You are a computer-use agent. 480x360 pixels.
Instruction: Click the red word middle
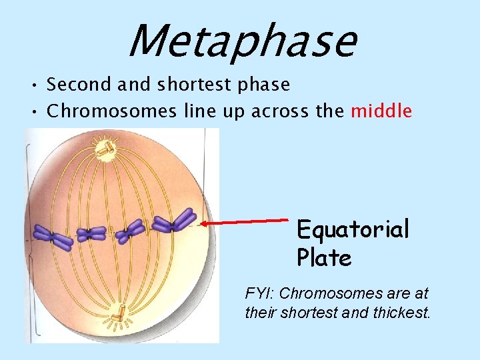(381, 111)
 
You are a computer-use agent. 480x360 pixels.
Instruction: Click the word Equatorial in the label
(352, 230)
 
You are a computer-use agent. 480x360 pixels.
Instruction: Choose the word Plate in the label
(324, 258)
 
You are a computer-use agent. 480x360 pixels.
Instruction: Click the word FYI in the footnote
(257, 293)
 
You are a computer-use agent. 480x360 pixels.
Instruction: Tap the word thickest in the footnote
(399, 312)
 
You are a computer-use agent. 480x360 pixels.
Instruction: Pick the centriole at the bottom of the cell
(119, 313)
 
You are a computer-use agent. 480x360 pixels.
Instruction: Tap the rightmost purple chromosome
(174, 223)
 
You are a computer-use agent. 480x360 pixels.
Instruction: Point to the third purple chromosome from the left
(130, 231)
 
